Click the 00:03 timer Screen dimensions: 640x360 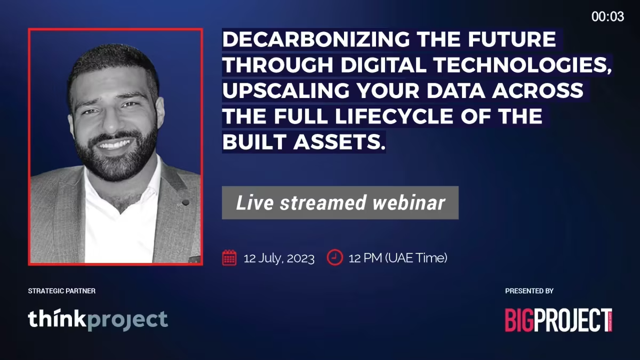click(x=607, y=17)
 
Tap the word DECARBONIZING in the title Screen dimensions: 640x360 click(x=316, y=39)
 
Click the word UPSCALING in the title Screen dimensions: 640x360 click(x=286, y=91)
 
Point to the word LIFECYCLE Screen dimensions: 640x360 click(x=394, y=116)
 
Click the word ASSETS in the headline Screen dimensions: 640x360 click(x=340, y=142)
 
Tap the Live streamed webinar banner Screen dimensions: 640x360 click(x=340, y=203)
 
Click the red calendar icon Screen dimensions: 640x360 click(x=229, y=258)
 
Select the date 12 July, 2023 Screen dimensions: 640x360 click(x=279, y=258)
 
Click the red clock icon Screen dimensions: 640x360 click(x=335, y=258)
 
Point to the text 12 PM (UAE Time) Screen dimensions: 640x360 click(x=398, y=258)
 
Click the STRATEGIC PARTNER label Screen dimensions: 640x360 click(x=62, y=291)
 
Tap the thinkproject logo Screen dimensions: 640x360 click(x=98, y=319)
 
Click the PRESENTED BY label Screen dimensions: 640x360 click(x=530, y=291)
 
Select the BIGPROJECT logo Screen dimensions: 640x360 click(x=558, y=320)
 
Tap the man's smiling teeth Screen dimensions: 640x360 click(x=114, y=145)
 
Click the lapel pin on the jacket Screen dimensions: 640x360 click(x=186, y=203)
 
